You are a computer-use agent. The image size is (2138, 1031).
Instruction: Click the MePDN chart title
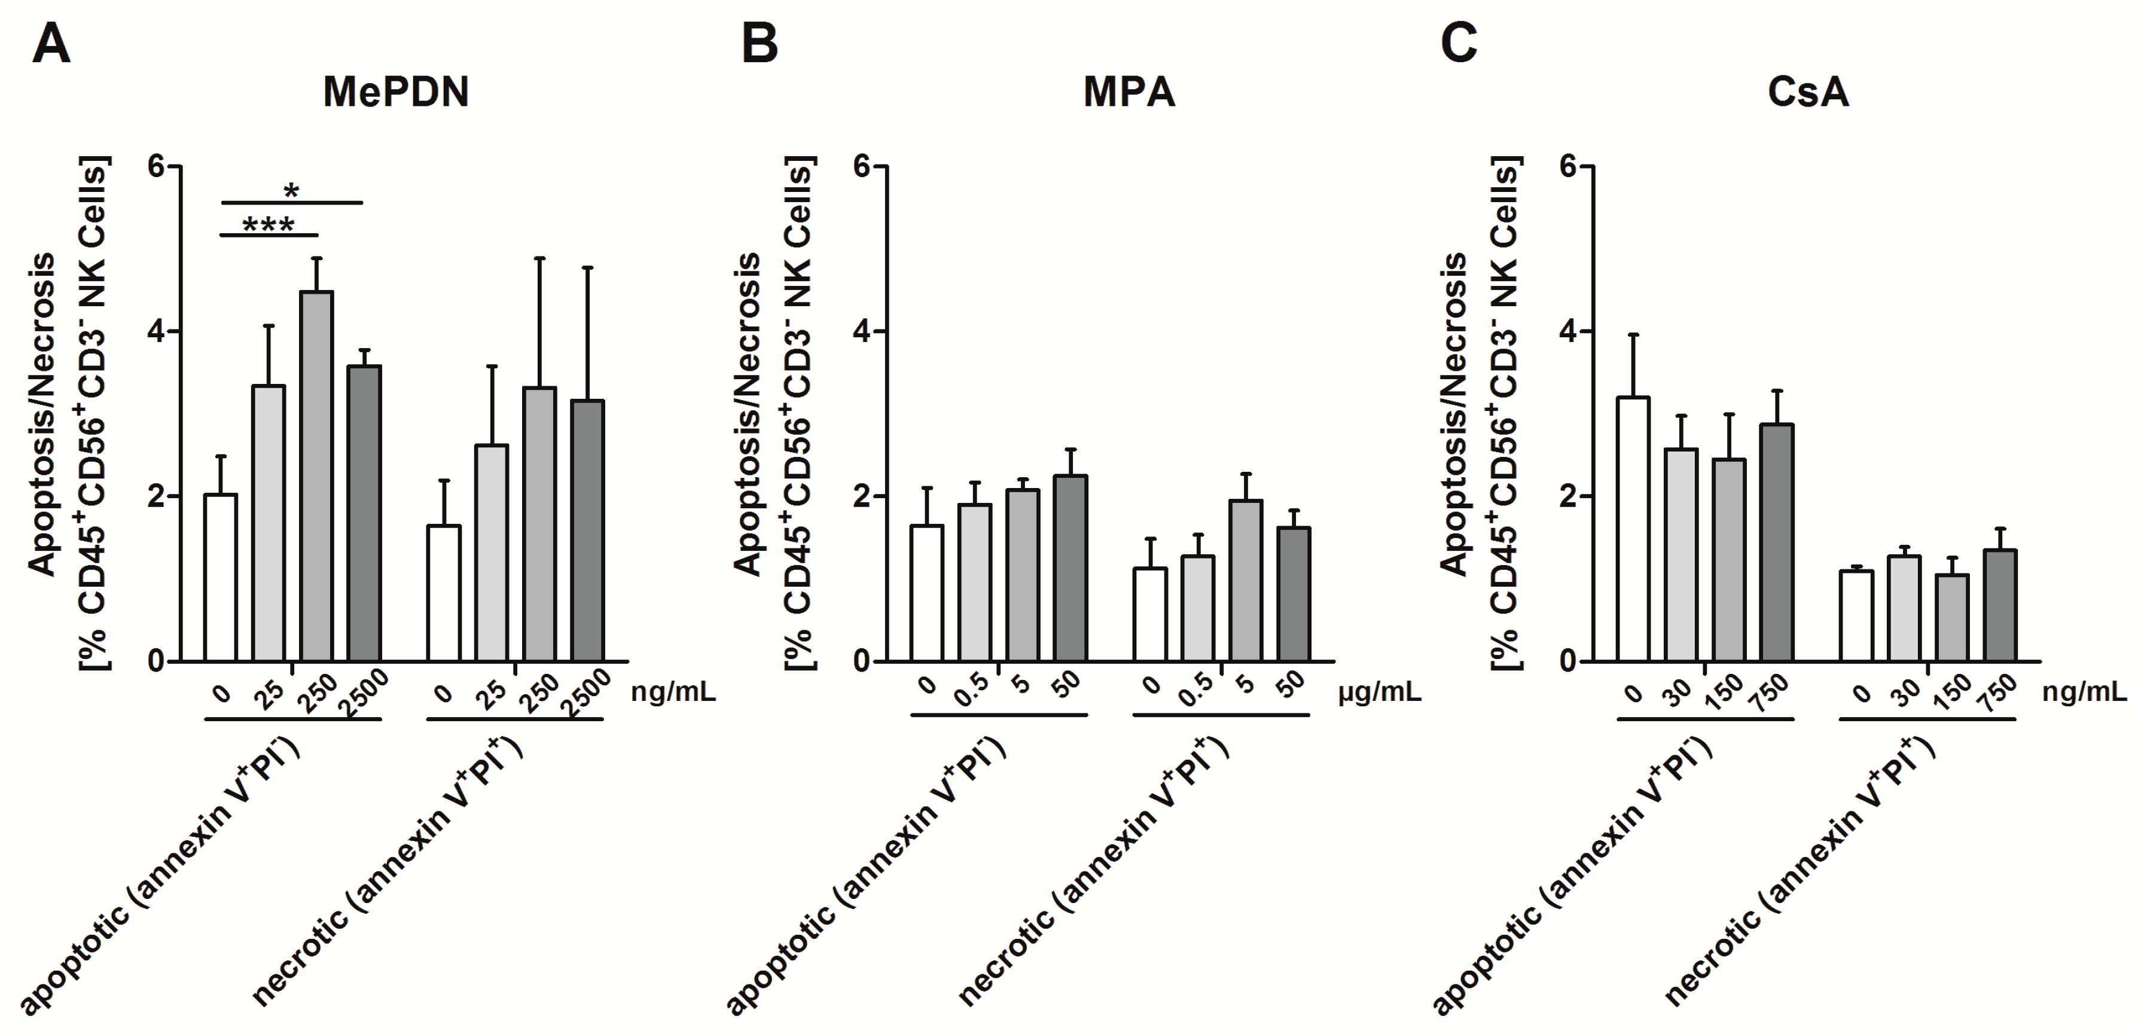tap(396, 92)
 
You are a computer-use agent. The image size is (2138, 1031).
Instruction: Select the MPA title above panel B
tap(1129, 92)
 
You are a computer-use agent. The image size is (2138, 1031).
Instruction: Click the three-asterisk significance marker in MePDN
tap(268, 225)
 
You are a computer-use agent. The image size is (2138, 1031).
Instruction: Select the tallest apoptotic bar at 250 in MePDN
tap(317, 477)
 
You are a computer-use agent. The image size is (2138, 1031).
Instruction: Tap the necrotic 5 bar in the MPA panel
tap(1246, 581)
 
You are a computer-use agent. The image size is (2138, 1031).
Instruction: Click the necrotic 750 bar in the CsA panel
tap(2000, 606)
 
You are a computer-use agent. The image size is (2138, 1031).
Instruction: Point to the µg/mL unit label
tap(1378, 691)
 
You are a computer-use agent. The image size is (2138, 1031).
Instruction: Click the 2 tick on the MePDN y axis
tap(155, 496)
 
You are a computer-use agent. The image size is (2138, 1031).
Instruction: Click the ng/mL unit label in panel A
tap(673, 691)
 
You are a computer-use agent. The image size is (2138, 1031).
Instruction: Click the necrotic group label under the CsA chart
tap(1801, 871)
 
